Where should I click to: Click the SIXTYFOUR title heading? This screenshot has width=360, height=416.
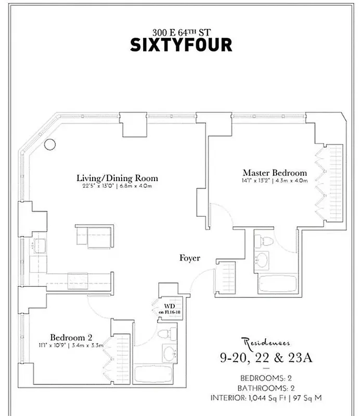(x=181, y=44)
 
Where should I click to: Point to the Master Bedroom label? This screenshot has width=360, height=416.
(x=275, y=173)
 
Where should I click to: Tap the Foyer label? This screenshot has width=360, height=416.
(x=190, y=258)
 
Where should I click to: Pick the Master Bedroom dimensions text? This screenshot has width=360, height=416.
(x=275, y=181)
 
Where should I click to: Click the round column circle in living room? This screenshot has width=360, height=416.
(x=49, y=145)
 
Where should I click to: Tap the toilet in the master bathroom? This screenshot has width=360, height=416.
(x=263, y=241)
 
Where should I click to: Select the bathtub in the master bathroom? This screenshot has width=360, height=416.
(x=277, y=284)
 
